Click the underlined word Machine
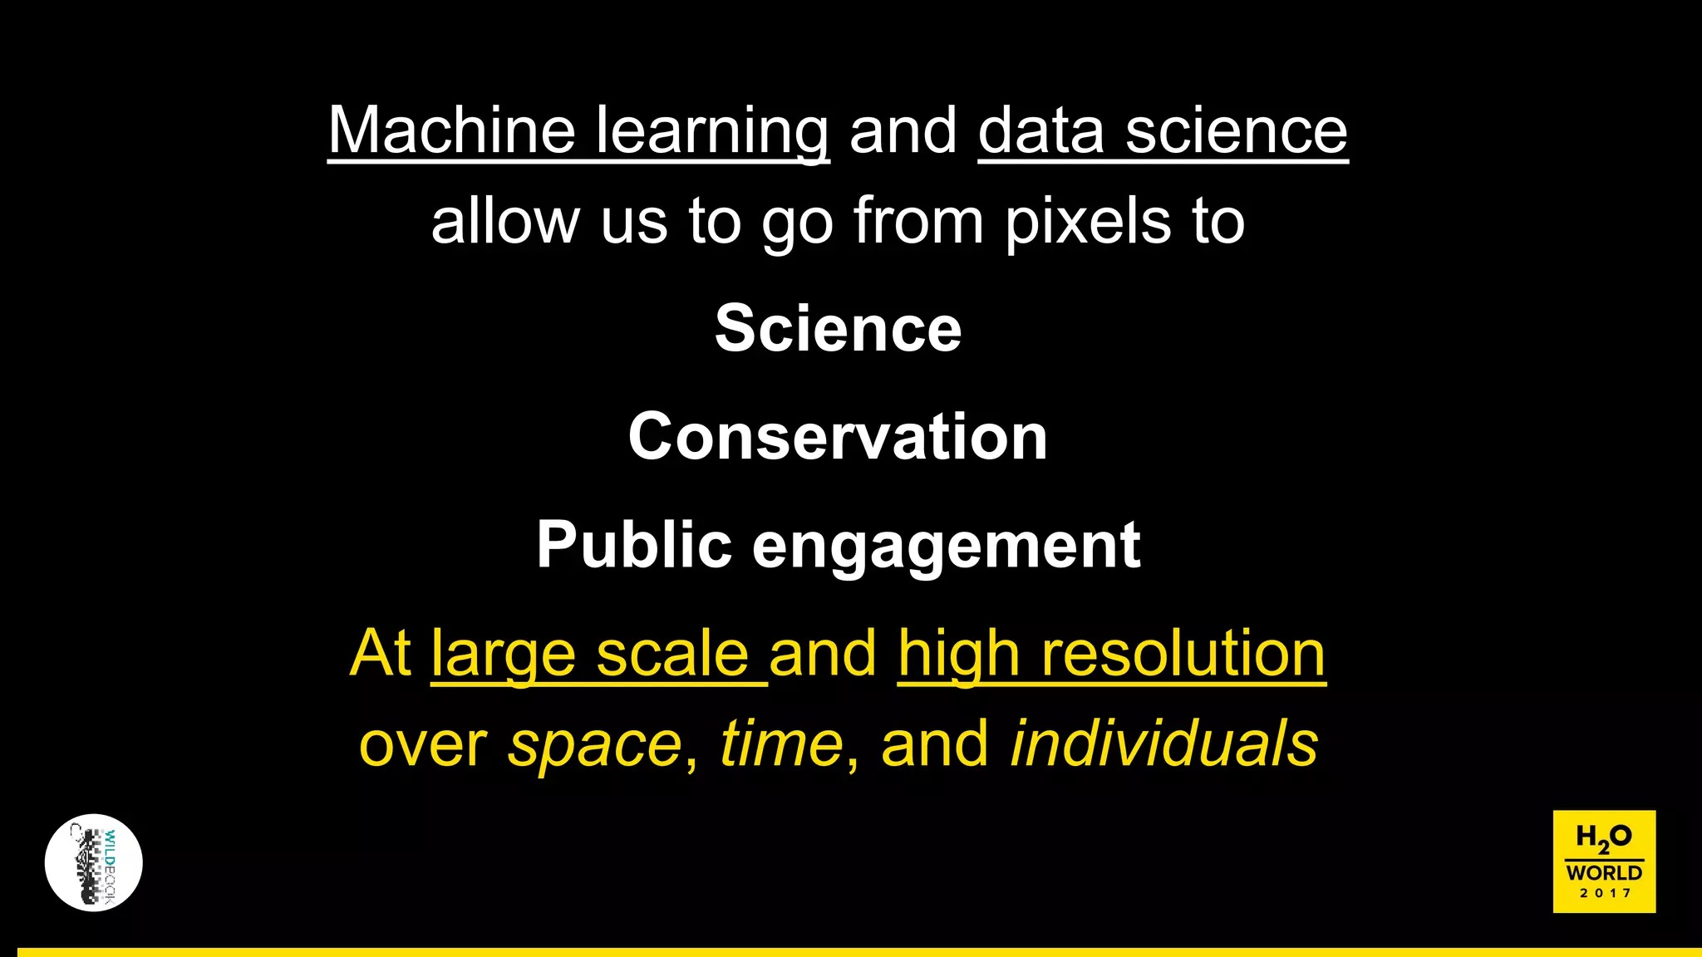[x=451, y=130]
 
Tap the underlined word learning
[x=712, y=130]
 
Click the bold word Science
[x=838, y=328]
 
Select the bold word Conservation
[x=838, y=436]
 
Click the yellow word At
[x=381, y=654]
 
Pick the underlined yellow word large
[x=503, y=654]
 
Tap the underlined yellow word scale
[x=672, y=654]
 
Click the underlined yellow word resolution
[x=1183, y=654]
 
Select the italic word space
[x=595, y=744]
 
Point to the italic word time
[x=781, y=744]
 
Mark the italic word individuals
[x=1163, y=744]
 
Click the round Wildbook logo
[x=94, y=862]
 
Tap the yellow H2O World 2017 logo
[x=1604, y=861]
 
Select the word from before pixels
[x=918, y=222]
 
